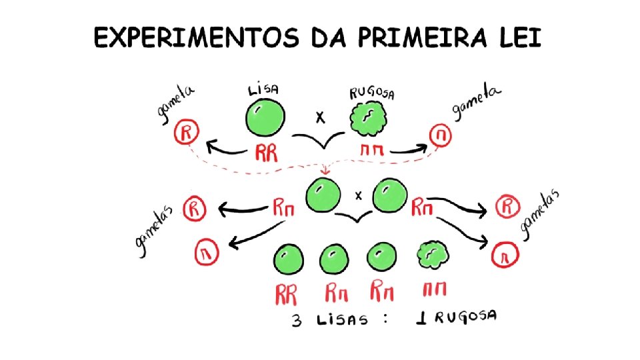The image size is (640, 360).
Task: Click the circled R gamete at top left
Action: coord(186,133)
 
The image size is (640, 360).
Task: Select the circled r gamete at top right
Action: coord(441,136)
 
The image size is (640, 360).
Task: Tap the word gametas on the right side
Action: coord(541,214)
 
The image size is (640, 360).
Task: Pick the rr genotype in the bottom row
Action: coord(434,290)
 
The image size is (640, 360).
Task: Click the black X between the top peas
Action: coord(321,118)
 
